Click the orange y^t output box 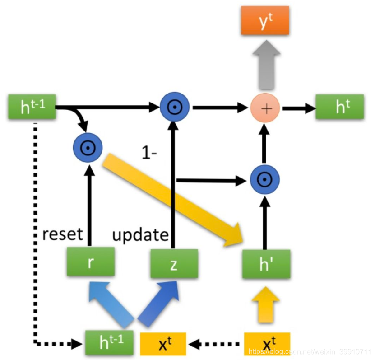click(x=265, y=21)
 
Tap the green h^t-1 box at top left click(x=32, y=108)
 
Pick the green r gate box click(x=90, y=263)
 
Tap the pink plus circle click(x=265, y=108)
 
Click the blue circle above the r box click(x=88, y=147)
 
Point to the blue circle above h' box click(x=265, y=180)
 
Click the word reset click(x=62, y=234)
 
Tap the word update click(x=140, y=235)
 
